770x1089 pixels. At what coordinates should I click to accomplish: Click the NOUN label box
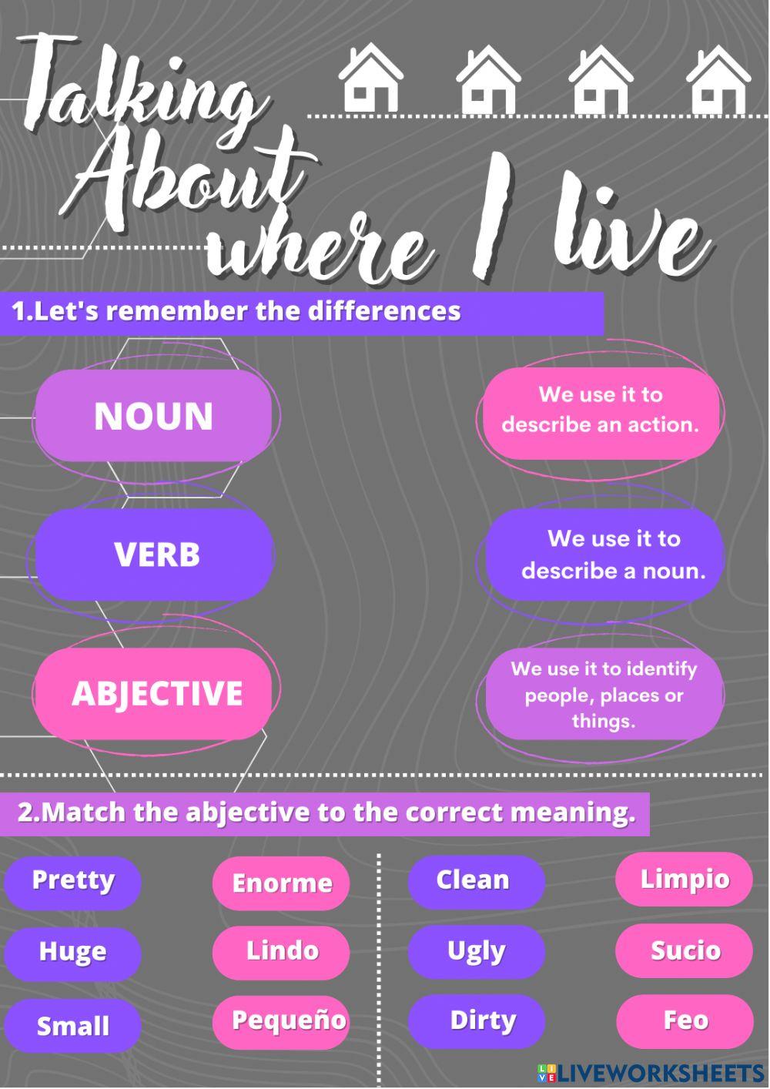[x=154, y=416]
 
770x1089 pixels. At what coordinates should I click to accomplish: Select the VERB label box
[x=156, y=555]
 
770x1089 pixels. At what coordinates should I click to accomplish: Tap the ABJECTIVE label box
[x=154, y=693]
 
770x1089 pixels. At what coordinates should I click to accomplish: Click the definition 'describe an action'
[x=601, y=410]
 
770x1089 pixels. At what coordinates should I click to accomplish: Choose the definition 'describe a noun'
[x=605, y=555]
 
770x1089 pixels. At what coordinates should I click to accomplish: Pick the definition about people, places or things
[x=604, y=695]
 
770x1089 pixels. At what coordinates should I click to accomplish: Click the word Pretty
[x=73, y=881]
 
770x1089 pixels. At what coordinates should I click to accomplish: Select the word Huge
[x=73, y=953]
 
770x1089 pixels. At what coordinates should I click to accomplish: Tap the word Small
[x=73, y=1026]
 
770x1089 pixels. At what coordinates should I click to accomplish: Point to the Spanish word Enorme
[x=281, y=883]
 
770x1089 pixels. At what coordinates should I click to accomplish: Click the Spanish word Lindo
[x=281, y=951]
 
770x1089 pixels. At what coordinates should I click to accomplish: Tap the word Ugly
[x=476, y=952]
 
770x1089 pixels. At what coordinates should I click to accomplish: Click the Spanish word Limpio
[x=685, y=880]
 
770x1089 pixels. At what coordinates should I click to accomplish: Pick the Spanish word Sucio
[x=685, y=951]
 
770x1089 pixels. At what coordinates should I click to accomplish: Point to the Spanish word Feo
[x=685, y=1021]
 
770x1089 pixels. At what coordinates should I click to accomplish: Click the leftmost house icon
[x=371, y=79]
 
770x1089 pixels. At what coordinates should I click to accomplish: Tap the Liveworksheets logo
[x=651, y=1072]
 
